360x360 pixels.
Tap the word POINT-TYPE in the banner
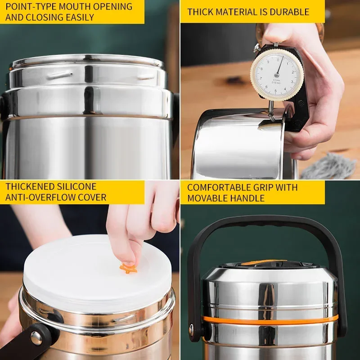31,7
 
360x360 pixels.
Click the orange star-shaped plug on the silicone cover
128,269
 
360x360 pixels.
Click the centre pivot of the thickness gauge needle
277,75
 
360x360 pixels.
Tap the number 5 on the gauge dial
275,91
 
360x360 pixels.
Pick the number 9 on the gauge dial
268,62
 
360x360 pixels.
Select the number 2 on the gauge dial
293,72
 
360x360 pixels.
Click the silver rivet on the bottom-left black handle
36,338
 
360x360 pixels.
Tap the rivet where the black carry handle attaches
191,330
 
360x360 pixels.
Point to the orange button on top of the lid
264,263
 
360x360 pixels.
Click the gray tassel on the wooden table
329,166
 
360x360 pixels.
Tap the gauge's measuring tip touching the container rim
272,117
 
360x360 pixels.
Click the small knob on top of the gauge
256,48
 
